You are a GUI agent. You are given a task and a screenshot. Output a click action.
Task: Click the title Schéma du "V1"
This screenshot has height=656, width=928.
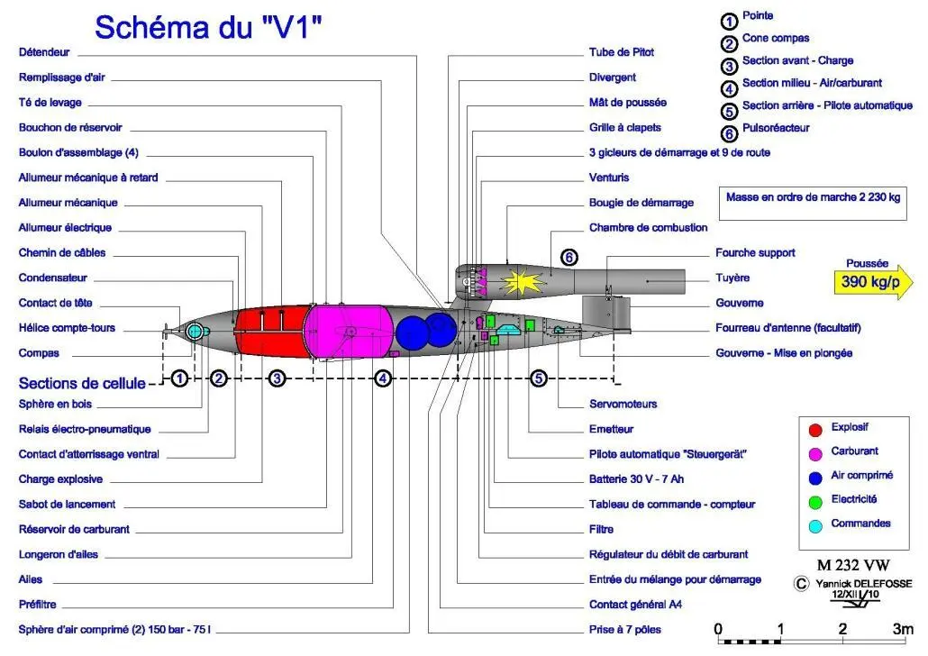coord(208,27)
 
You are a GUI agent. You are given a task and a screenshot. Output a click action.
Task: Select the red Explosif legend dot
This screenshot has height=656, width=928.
coord(815,430)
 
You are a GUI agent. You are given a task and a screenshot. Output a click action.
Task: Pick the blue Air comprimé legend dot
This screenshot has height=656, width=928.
coord(815,478)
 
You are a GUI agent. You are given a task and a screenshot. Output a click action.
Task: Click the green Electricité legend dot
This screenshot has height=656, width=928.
coord(815,502)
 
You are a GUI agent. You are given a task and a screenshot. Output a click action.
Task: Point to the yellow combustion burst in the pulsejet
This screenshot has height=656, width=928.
coord(522,282)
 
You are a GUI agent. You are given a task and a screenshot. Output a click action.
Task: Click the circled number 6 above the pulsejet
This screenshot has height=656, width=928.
coord(569,258)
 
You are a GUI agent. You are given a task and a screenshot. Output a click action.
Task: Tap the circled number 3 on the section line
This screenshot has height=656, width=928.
coord(277,378)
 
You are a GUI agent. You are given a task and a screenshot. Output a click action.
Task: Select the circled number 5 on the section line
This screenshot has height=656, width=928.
coord(538,378)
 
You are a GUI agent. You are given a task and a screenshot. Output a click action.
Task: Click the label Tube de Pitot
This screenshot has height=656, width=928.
coord(622,52)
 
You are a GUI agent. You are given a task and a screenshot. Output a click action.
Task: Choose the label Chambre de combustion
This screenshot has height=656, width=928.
coord(648,227)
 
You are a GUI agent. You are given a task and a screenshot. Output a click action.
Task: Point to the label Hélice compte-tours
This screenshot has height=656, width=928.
coord(67,328)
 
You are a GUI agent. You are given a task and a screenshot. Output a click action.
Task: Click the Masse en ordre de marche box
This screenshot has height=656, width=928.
coord(814,204)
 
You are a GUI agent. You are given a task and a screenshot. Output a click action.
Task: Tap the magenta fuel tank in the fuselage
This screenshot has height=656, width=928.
coord(348,332)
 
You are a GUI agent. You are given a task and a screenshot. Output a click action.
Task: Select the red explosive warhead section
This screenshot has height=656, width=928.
coord(272,332)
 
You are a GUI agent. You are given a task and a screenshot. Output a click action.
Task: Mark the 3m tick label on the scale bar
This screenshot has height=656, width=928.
coord(903,629)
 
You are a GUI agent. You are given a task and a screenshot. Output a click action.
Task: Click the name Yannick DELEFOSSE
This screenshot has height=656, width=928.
coord(863,584)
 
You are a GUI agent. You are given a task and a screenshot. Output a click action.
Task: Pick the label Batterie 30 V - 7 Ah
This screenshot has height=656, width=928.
coord(636,479)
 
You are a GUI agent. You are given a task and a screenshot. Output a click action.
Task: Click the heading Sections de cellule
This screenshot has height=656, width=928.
coord(82,383)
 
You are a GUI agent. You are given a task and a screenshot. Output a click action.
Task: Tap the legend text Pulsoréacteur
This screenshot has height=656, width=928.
coord(776,128)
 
